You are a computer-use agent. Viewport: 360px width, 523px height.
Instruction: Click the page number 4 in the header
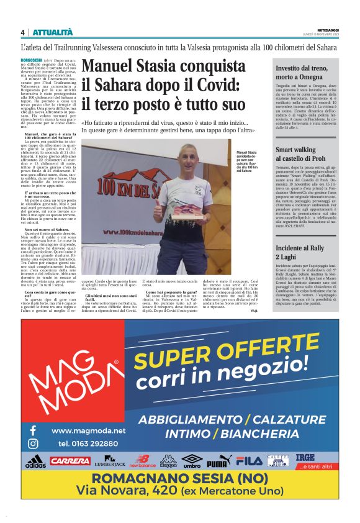coord(22,32)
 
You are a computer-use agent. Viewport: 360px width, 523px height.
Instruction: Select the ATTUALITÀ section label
coord(53,32)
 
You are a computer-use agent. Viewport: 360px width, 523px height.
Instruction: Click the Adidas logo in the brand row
coord(35,462)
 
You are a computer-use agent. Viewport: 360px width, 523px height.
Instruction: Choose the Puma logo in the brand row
coord(218,462)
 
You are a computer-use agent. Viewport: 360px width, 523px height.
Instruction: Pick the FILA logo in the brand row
coord(250,462)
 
